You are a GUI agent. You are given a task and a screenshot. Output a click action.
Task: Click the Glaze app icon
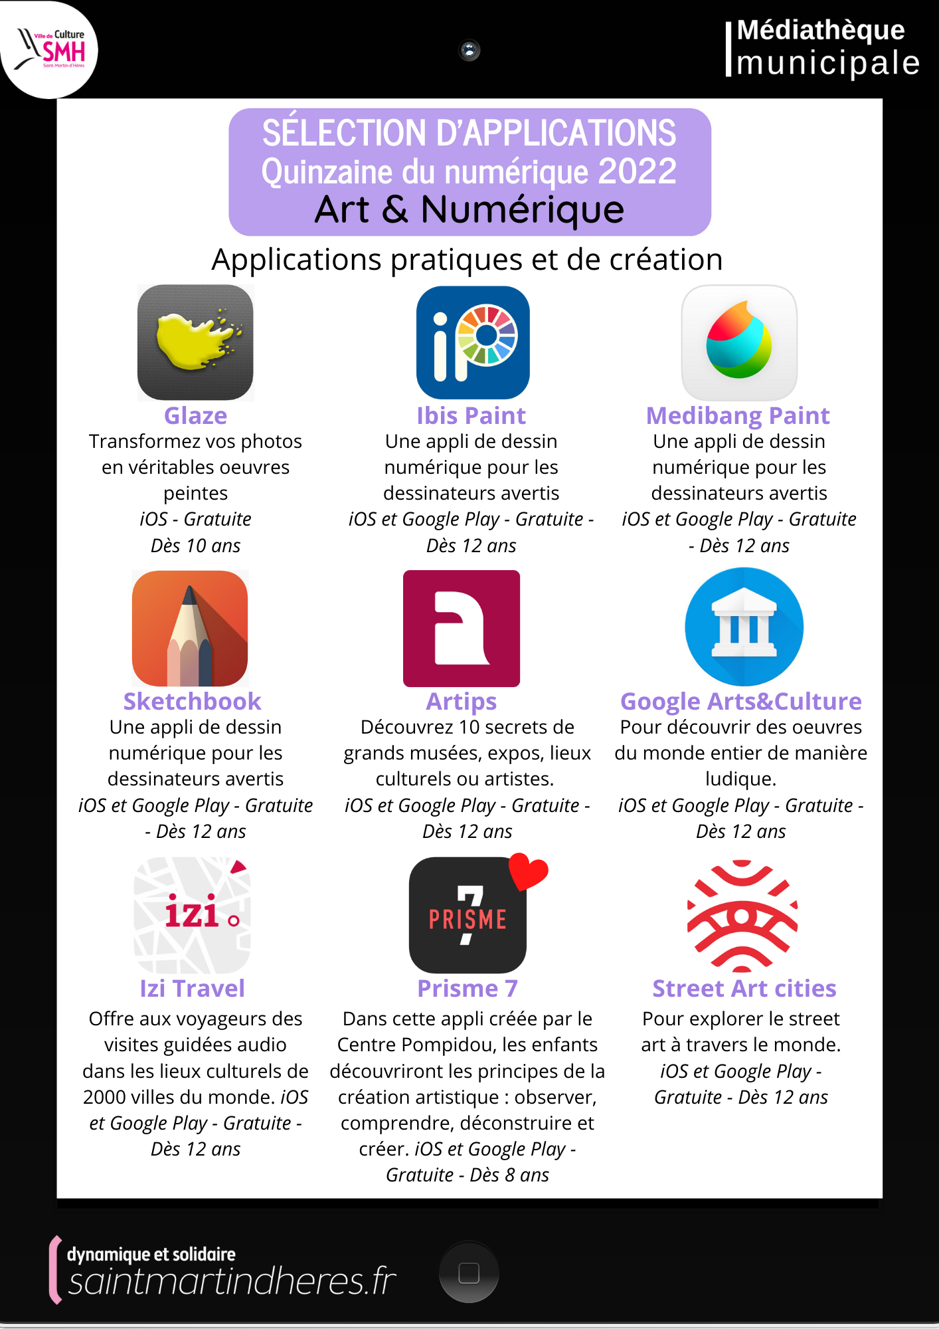click(x=195, y=342)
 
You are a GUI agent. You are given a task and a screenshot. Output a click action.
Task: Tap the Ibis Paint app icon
click(x=472, y=342)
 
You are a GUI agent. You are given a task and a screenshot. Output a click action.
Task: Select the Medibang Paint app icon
click(x=739, y=342)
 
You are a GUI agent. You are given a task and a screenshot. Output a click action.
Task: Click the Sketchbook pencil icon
click(x=190, y=629)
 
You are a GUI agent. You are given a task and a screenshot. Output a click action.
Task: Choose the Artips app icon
click(x=462, y=629)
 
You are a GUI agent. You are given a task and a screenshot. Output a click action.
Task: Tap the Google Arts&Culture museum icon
click(x=744, y=627)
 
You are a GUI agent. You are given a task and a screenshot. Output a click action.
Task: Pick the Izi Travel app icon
click(x=192, y=915)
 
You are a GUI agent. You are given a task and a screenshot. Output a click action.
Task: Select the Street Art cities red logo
click(x=742, y=916)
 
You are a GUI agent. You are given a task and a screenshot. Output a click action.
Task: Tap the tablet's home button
click(x=469, y=1273)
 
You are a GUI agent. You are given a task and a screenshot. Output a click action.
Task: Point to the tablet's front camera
click(x=469, y=50)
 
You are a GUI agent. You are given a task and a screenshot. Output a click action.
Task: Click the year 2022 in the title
click(x=637, y=171)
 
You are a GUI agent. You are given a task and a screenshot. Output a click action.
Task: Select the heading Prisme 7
click(x=468, y=989)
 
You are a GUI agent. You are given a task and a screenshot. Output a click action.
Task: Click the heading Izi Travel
click(x=192, y=989)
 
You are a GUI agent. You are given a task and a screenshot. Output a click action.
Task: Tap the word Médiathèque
click(x=821, y=30)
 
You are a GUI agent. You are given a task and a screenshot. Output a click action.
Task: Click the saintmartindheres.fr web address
click(x=232, y=1280)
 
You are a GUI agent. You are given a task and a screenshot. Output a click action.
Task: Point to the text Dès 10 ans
click(x=195, y=546)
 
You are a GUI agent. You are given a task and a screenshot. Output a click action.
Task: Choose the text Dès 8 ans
click(x=509, y=1175)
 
